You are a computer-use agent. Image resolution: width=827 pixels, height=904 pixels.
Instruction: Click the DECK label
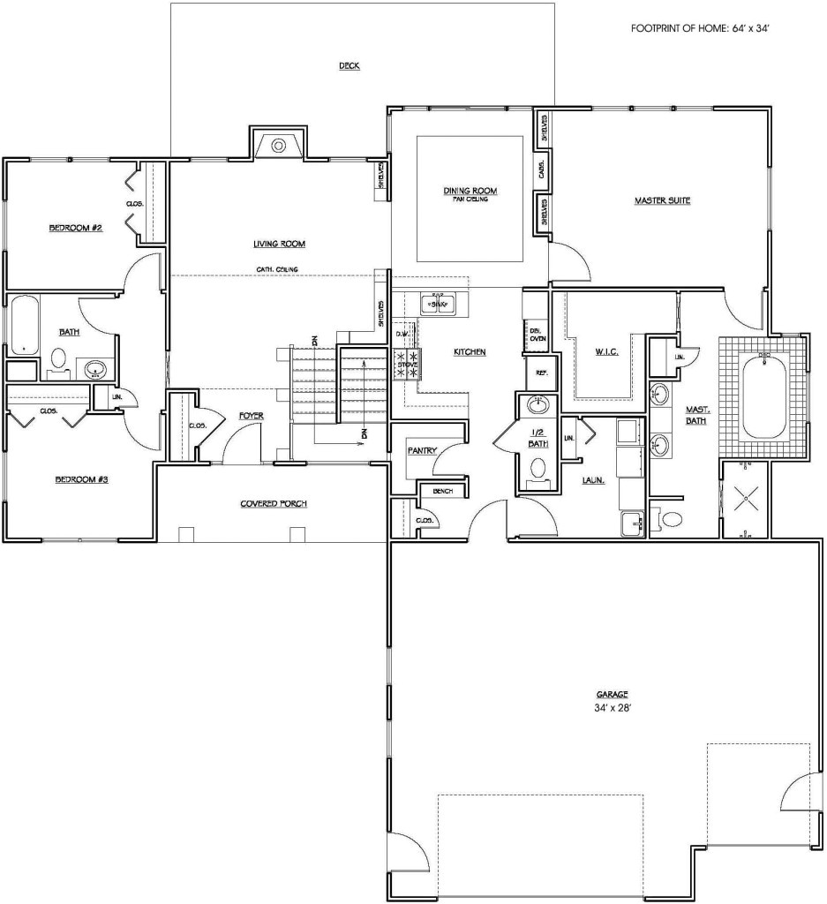pos(350,66)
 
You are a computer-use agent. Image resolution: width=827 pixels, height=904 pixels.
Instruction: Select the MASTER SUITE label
pos(662,200)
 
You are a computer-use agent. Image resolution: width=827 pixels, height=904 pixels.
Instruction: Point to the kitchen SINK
pos(439,305)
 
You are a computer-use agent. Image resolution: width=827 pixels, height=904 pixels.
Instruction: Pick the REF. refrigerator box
pos(542,373)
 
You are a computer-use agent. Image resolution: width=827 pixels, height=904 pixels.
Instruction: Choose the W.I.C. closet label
pos(606,352)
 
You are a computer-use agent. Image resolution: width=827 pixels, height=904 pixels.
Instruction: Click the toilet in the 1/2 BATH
pos(538,471)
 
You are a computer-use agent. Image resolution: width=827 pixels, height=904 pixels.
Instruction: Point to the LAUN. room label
pos(593,481)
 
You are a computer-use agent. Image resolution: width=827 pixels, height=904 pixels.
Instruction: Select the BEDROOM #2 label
pos(76,228)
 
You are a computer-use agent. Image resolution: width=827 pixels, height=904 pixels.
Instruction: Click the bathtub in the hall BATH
pos(22,325)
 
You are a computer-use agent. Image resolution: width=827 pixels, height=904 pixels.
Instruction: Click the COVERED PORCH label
pos(274,504)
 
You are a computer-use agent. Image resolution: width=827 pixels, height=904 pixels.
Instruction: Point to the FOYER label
pos(252,415)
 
